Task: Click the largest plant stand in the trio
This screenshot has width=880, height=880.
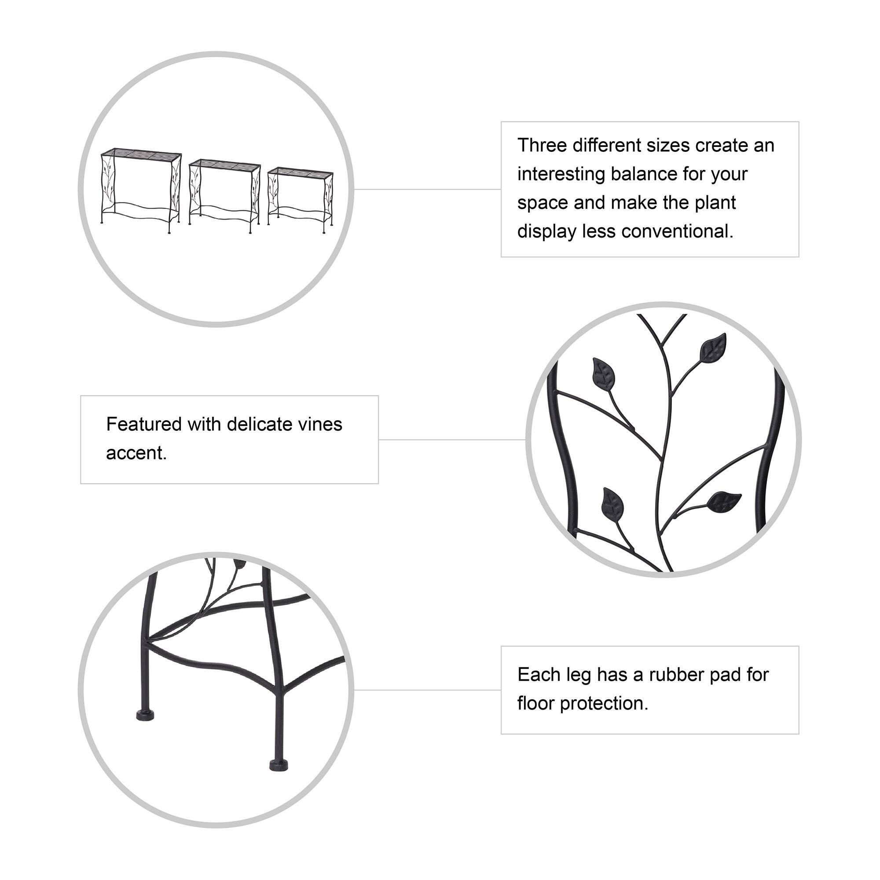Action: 141,189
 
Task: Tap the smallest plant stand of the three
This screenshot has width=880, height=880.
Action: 301,199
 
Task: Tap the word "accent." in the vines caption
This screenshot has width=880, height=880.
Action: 136,453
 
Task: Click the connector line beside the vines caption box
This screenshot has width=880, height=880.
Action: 452,440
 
